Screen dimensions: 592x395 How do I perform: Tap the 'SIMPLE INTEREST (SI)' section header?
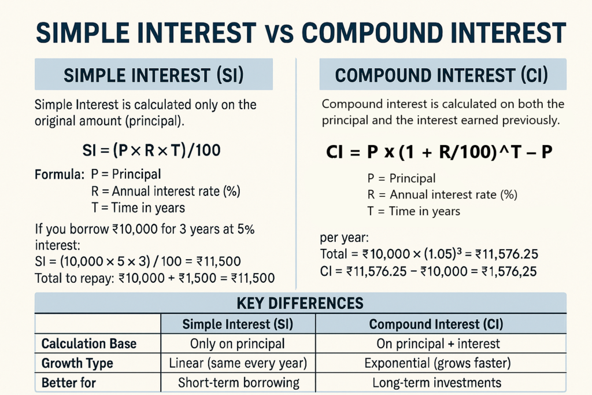coord(154,75)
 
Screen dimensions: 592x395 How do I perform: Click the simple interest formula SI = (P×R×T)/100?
coord(151,150)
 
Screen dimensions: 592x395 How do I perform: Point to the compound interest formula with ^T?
coord(439,152)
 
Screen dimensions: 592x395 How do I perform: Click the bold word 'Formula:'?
coord(60,175)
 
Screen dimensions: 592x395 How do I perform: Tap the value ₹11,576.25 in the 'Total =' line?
coord(506,254)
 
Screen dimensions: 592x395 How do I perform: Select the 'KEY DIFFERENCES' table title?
coord(300,303)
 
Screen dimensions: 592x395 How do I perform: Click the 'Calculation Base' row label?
coord(88,344)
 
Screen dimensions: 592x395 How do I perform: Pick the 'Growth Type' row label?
coord(77,363)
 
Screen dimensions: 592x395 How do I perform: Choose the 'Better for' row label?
coord(68,382)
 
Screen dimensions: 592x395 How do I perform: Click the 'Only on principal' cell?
coord(238,344)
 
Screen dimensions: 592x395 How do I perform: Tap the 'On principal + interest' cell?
coord(438,344)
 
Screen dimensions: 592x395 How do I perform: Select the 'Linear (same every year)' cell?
coord(238,363)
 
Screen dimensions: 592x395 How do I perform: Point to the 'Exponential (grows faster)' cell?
coord(438,363)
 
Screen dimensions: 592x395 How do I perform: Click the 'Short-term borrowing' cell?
coord(239,382)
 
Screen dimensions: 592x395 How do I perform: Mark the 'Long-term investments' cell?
coord(437,382)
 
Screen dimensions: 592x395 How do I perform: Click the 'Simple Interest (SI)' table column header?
coord(238,324)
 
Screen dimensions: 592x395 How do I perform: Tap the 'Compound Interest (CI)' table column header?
coord(436,324)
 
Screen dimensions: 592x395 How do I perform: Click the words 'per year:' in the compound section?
coord(344,238)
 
